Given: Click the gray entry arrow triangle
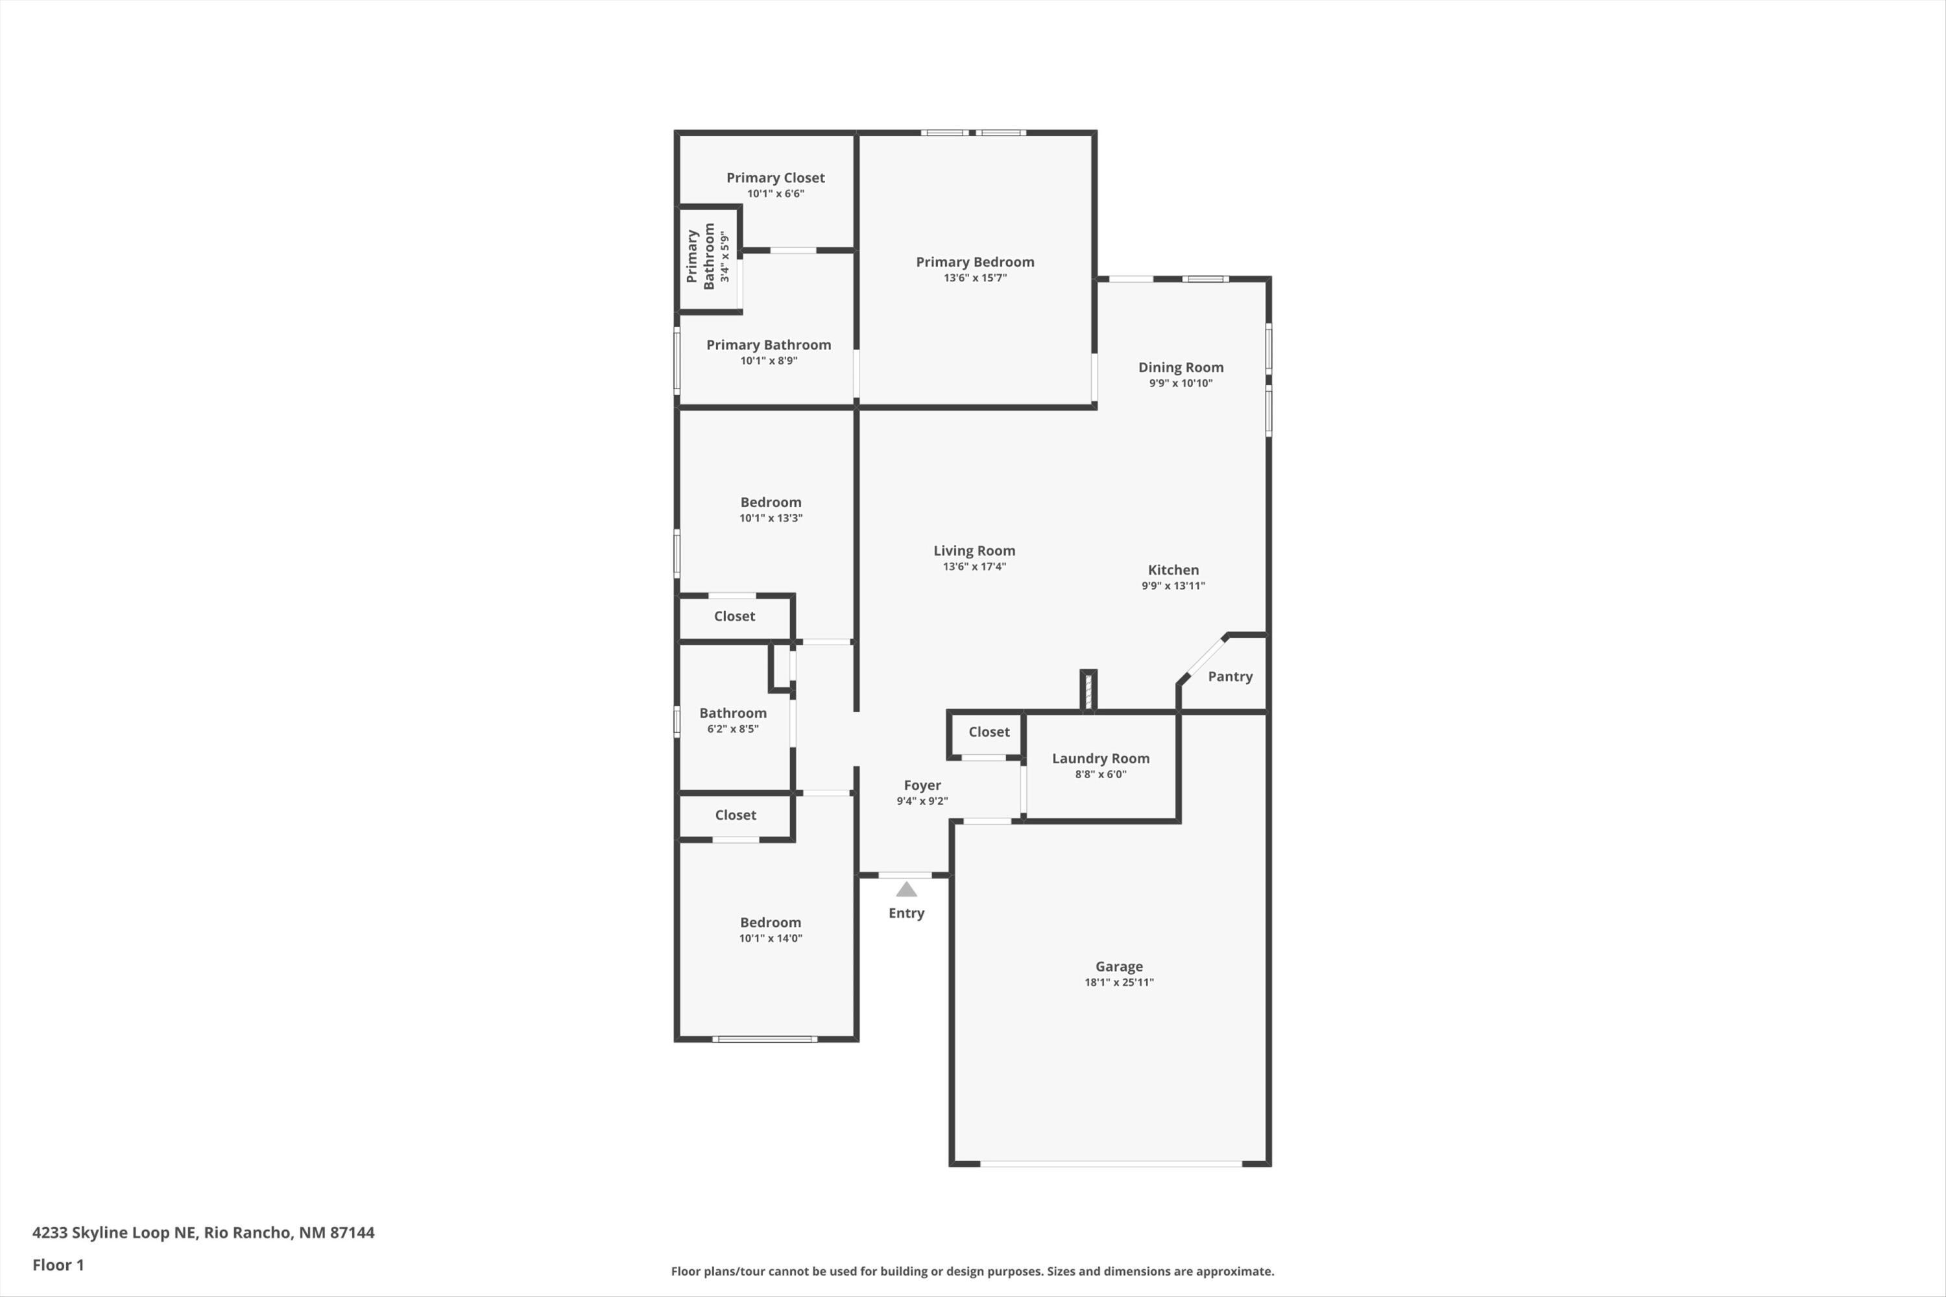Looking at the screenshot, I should point(906,889).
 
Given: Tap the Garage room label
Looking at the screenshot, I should point(1118,966).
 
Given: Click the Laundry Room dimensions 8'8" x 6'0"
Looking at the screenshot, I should point(1100,774).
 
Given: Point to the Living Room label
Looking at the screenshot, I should point(974,551).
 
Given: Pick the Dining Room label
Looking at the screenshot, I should point(1180,367).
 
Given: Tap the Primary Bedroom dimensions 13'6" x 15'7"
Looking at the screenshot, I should point(975,278).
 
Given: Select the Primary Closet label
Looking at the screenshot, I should point(775,178).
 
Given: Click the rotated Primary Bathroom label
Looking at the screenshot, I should point(700,256).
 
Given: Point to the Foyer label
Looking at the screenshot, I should point(922,785).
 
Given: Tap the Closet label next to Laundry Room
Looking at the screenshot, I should point(989,732).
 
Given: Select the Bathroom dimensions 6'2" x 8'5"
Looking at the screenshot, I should point(732,729).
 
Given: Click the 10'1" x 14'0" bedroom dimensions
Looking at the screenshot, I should point(771,938).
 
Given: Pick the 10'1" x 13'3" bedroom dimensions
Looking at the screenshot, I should point(771,518).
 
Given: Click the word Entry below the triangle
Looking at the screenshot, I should point(906,913).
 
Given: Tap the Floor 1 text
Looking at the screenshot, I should point(58,1265).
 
